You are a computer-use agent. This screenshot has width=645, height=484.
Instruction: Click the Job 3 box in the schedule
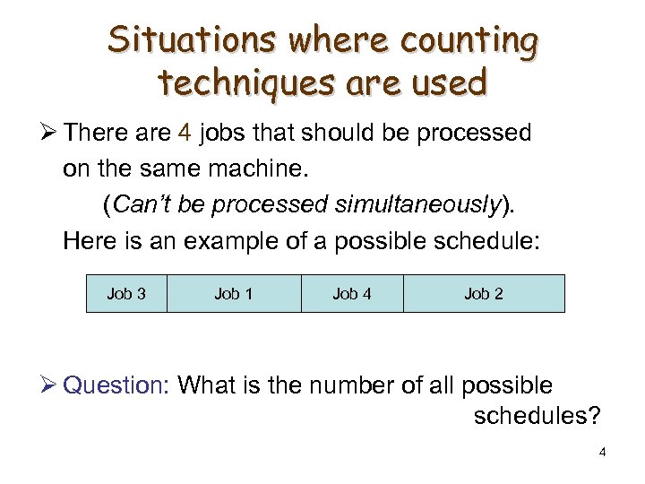click(x=126, y=293)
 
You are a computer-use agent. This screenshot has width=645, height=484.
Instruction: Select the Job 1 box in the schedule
click(x=233, y=293)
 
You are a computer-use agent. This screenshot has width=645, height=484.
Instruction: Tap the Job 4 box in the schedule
click(x=351, y=293)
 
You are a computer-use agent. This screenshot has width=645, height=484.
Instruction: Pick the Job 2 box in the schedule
click(x=484, y=293)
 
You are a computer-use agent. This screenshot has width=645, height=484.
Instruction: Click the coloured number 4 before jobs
click(x=185, y=134)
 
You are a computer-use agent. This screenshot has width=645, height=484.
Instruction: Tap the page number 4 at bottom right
click(x=602, y=452)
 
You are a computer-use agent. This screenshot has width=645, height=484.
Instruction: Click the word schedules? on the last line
click(x=537, y=416)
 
